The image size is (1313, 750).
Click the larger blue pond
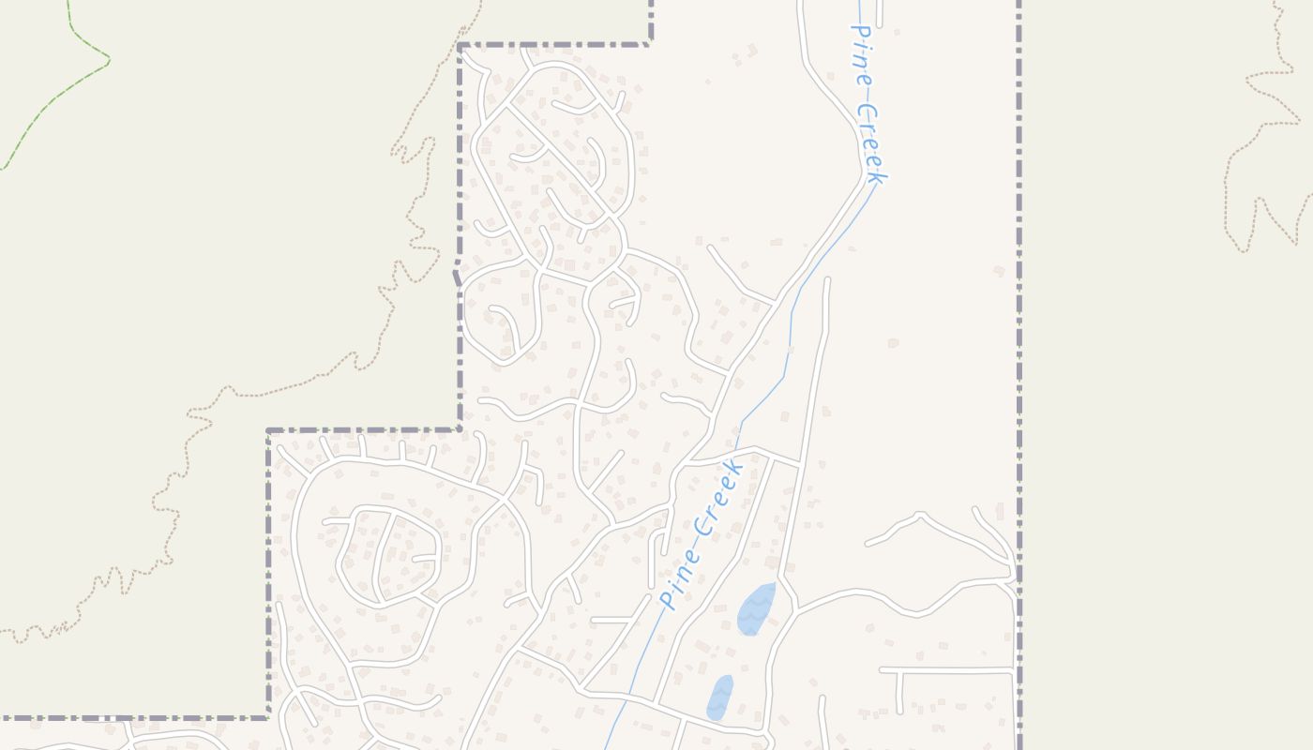[x=756, y=609]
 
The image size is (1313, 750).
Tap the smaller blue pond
[x=719, y=697]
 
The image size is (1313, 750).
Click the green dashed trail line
[x=56, y=103]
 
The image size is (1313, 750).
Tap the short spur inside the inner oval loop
[x=424, y=558]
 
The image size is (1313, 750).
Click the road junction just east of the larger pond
[x=796, y=609]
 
